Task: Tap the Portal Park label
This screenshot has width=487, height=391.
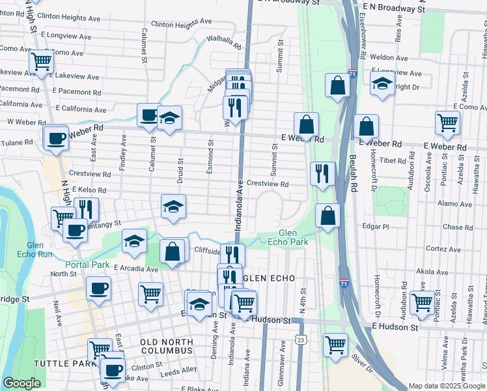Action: pyautogui.click(x=87, y=265)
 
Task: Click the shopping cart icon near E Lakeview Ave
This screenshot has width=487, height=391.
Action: pyautogui.click(x=41, y=62)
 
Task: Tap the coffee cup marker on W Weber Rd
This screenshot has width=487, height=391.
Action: pyautogui.click(x=56, y=137)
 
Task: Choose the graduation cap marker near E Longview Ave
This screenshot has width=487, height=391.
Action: pyautogui.click(x=382, y=83)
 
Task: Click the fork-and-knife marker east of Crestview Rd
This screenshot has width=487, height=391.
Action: pyautogui.click(x=322, y=173)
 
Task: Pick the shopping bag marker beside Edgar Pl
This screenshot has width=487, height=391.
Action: pyautogui.click(x=328, y=215)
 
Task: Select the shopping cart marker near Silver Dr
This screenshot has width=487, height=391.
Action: pyautogui.click(x=335, y=344)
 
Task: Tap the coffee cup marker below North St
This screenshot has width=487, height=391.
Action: pyautogui.click(x=98, y=287)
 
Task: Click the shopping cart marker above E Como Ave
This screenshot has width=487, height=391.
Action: pyautogui.click(x=447, y=122)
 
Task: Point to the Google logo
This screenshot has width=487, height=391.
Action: pyautogui.click(x=21, y=383)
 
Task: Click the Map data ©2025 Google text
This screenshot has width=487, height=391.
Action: pyautogui.click(x=446, y=386)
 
